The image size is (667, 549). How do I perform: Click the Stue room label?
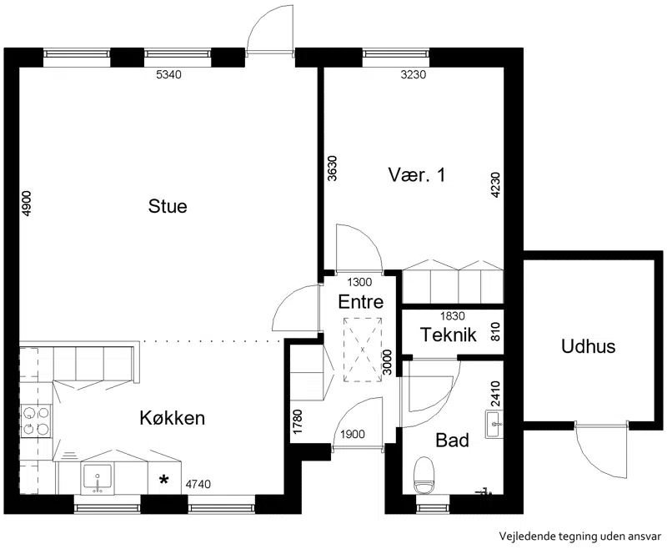(x=168, y=206)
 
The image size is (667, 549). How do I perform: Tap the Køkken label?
(x=173, y=418)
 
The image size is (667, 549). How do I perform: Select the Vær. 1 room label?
(x=417, y=175)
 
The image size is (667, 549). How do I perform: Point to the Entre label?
(x=361, y=302)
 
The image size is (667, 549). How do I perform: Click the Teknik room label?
(x=449, y=335)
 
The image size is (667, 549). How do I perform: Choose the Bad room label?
(x=452, y=440)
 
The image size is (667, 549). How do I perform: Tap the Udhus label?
(x=589, y=346)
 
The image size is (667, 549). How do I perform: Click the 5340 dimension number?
(x=169, y=75)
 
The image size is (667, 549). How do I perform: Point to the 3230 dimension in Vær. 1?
(x=414, y=75)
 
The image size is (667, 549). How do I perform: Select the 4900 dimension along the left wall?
(x=26, y=204)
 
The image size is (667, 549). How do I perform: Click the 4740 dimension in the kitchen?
(x=198, y=484)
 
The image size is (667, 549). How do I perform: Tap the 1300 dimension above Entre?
(x=359, y=282)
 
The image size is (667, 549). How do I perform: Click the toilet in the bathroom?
(x=424, y=476)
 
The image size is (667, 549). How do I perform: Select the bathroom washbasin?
(x=494, y=425)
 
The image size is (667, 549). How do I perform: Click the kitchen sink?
(x=98, y=480)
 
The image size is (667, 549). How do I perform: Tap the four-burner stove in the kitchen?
(x=36, y=421)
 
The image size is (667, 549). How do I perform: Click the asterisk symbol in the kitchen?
(x=163, y=480)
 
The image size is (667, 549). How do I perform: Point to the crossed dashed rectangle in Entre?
(x=363, y=350)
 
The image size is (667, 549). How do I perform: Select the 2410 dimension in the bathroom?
(x=495, y=394)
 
